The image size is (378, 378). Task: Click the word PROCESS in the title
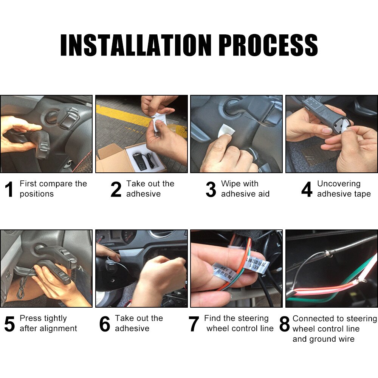268,45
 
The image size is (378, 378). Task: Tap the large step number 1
9,189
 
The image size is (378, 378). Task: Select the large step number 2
116,189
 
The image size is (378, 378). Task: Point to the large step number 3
211,189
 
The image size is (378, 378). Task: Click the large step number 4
307,189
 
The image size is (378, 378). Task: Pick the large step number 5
9,324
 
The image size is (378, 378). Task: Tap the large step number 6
105,324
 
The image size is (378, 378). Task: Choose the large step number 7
194,324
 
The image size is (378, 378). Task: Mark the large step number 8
284,324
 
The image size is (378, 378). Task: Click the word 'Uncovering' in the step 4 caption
339,184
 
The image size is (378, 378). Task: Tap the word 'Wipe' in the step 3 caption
231,184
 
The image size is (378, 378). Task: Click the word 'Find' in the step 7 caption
212,319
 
